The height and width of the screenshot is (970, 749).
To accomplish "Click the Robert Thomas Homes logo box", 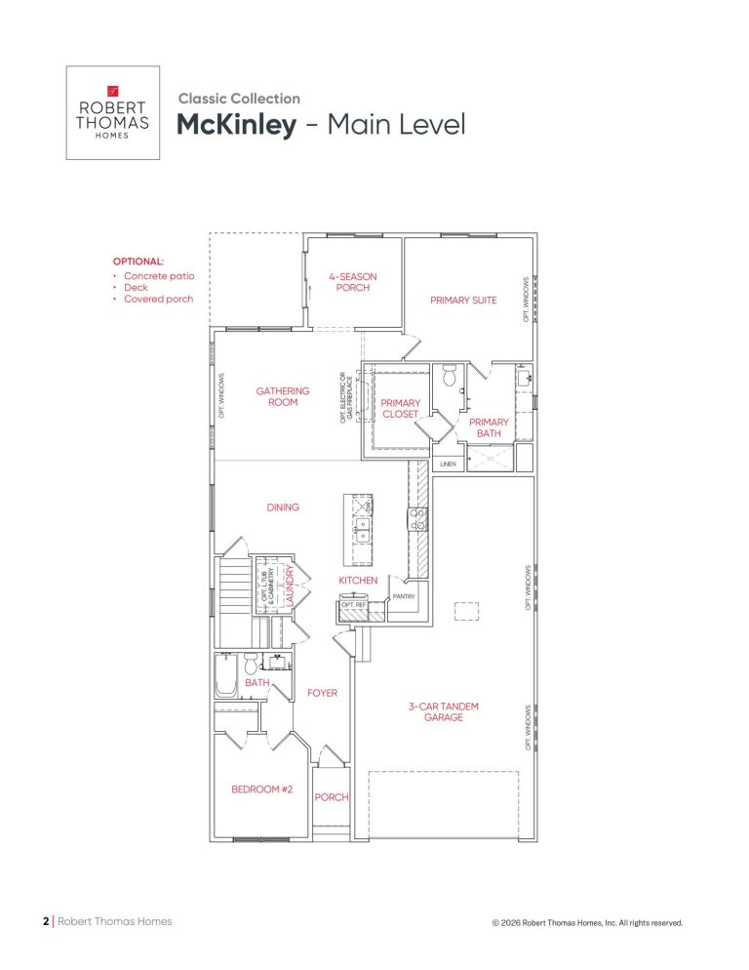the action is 112,112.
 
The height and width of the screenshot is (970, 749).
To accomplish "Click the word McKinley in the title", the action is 236,125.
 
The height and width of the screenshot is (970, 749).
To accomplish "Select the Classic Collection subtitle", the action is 239,99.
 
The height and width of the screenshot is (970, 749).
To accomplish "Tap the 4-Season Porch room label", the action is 352,282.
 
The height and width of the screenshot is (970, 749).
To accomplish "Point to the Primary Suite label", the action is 463,300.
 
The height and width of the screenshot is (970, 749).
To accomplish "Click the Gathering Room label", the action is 283,396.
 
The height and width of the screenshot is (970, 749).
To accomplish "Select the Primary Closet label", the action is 400,408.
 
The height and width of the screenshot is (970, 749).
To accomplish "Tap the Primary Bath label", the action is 489,427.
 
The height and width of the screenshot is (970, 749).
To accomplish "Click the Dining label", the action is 283,507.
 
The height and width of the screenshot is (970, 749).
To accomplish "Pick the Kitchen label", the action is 358,581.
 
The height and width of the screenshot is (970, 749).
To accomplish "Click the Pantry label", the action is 404,596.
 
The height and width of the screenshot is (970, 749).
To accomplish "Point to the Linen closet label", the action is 448,464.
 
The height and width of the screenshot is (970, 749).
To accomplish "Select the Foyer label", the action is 322,693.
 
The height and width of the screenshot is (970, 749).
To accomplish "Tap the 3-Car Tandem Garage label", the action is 444,711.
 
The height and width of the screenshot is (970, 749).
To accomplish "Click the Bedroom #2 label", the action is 261,789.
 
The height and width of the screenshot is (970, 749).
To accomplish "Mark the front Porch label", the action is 332,797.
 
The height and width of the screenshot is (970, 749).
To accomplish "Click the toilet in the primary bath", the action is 450,375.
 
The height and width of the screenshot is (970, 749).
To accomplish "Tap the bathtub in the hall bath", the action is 225,675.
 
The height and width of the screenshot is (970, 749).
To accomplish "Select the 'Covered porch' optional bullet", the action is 158,299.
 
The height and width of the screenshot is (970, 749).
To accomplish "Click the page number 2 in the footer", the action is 46,921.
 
